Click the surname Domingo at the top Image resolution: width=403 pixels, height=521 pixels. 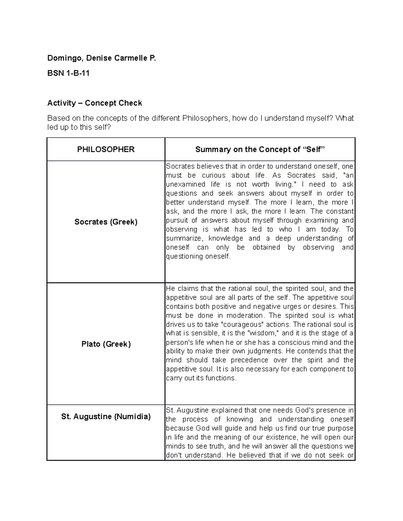64,58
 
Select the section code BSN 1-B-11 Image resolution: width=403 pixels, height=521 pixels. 68,73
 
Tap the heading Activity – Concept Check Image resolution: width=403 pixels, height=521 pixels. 94,103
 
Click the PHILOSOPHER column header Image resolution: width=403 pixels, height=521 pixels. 106,150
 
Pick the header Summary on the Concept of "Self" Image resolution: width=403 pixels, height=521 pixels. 260,150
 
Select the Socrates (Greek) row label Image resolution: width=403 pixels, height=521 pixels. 106,222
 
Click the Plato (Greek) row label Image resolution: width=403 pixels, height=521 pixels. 106,344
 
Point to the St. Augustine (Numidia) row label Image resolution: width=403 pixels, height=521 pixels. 106,417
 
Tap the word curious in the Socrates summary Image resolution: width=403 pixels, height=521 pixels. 214,175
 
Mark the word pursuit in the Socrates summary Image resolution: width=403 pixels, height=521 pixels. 176,220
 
